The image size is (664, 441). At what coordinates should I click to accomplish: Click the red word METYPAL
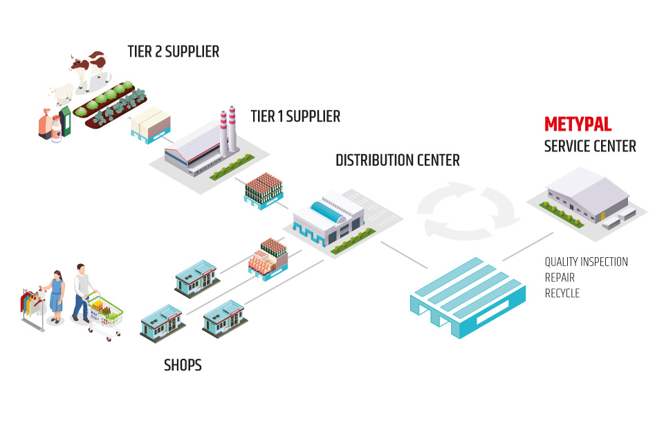click(x=578, y=124)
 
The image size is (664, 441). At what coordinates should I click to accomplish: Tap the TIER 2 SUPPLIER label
click(x=173, y=52)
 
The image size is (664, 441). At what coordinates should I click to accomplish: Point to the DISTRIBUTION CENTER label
click(x=398, y=160)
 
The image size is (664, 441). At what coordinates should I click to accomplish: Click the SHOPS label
click(x=183, y=365)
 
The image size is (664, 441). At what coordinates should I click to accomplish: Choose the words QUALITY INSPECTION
click(x=586, y=262)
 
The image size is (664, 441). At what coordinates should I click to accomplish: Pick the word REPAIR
click(x=560, y=277)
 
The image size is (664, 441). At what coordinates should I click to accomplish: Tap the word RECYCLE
click(x=562, y=293)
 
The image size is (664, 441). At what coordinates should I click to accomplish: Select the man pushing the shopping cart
click(x=82, y=290)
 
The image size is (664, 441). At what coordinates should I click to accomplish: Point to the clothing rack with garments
click(x=32, y=308)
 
